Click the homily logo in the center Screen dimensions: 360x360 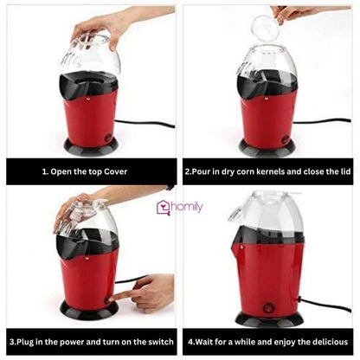pos(179,207)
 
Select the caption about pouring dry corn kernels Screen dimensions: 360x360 pos(268,171)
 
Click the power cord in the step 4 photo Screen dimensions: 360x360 pos(325,305)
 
